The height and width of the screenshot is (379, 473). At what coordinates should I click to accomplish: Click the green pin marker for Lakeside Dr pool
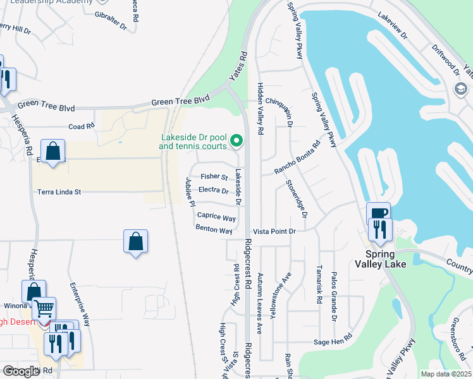point(236,140)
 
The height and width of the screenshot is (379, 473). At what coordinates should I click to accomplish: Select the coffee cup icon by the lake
point(378,214)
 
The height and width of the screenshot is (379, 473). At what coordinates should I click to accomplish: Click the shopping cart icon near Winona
point(44,309)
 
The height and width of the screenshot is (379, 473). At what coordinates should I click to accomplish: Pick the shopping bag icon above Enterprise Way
point(135,241)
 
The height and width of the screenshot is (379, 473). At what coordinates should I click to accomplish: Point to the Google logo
point(21,371)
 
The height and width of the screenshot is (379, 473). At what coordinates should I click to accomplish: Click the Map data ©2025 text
point(446,374)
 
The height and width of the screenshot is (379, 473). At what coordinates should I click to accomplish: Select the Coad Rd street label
point(81,126)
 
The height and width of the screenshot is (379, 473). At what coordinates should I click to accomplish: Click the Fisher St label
point(214,177)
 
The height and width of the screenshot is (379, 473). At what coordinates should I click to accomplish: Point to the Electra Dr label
point(213,189)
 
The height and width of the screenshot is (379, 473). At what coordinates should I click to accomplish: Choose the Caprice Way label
point(216,217)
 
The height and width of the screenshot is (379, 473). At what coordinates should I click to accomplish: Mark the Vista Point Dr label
point(274,232)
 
